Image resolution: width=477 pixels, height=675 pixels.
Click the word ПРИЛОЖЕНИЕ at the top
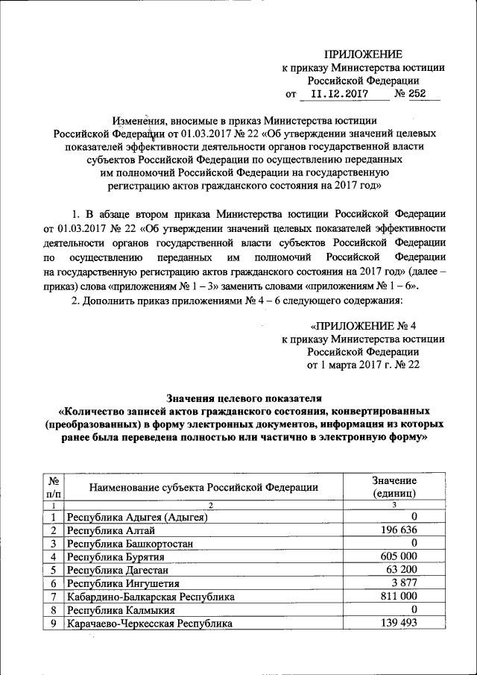pyautogui.click(x=363, y=54)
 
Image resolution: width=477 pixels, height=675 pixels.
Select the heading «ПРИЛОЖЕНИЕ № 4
pyautogui.click(x=362, y=325)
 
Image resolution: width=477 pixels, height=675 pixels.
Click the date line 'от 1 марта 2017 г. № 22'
pyautogui.click(x=363, y=365)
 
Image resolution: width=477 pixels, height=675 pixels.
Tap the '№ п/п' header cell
pyautogui.click(x=54, y=487)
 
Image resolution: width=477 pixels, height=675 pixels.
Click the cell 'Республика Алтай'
pyautogui.click(x=111, y=530)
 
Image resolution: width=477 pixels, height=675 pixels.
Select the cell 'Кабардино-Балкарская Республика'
pyautogui.click(x=151, y=597)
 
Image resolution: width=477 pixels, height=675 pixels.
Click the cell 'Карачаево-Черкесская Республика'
pyautogui.click(x=149, y=623)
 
